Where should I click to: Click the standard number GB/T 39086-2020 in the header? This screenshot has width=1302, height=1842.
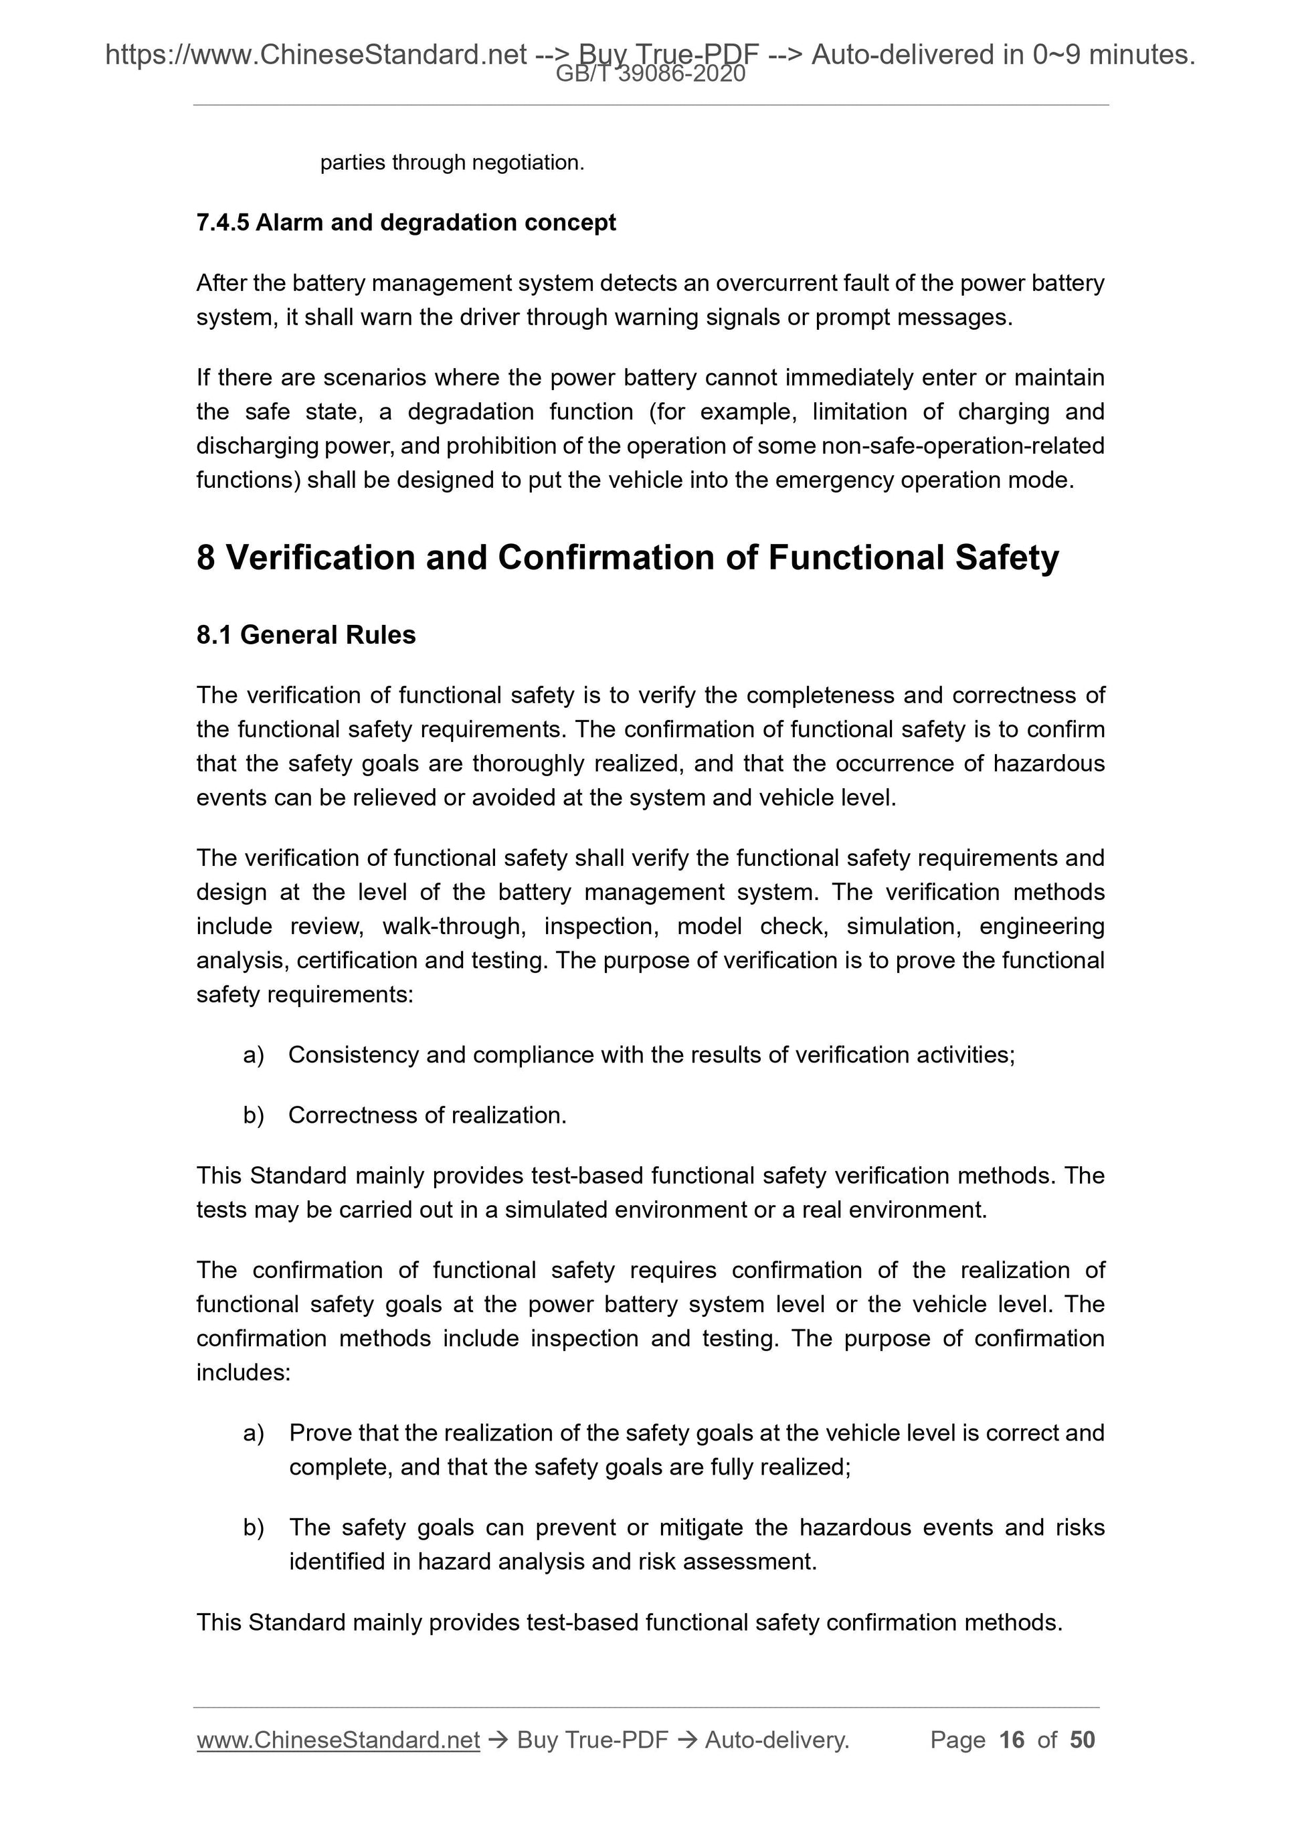pyautogui.click(x=650, y=75)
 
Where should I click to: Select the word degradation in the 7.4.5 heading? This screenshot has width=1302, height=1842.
pyautogui.click(x=439, y=222)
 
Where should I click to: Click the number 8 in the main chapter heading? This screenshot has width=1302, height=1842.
pyautogui.click(x=205, y=557)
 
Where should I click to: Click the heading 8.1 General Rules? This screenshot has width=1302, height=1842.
pyautogui.click(x=306, y=634)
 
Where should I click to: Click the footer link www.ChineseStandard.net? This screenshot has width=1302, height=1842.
pyautogui.click(x=338, y=1740)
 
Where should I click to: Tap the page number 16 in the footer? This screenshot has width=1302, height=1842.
pyautogui.click(x=1012, y=1740)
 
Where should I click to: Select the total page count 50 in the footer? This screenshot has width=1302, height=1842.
pyautogui.click(x=1082, y=1740)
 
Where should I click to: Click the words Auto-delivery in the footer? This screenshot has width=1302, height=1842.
pyautogui.click(x=775, y=1740)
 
